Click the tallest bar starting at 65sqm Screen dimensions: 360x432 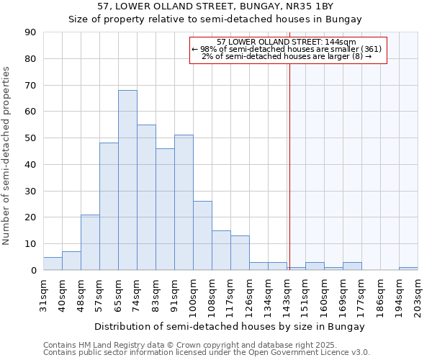click(x=127, y=180)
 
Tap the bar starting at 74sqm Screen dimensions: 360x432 click(x=146, y=197)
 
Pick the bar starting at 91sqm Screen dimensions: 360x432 click(x=184, y=202)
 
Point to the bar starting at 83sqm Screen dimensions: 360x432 click(x=165, y=210)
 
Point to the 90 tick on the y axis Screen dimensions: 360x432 click(x=30, y=32)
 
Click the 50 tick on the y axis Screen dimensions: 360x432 click(x=30, y=138)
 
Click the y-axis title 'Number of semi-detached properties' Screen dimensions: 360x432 click(x=6, y=156)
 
